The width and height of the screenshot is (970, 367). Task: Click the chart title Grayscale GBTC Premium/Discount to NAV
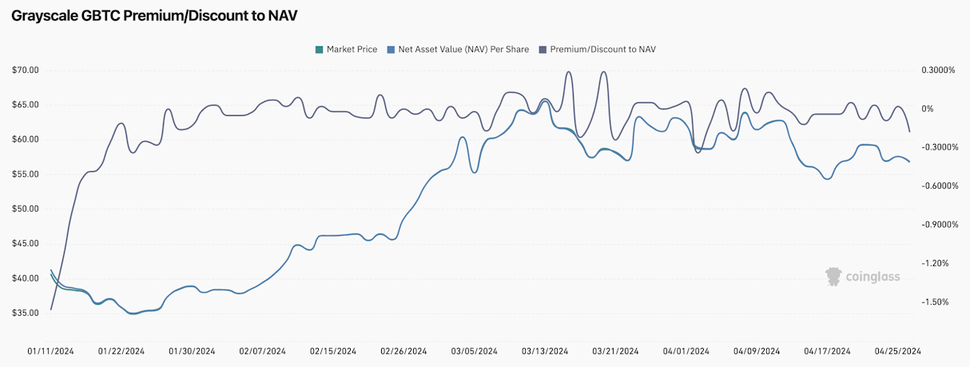(x=154, y=16)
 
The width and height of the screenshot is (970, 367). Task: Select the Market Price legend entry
(x=347, y=50)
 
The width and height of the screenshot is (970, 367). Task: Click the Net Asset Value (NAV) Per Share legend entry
(x=458, y=50)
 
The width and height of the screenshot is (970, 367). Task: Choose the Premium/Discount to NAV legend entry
(x=597, y=50)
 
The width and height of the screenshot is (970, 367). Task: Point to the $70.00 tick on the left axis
(x=25, y=70)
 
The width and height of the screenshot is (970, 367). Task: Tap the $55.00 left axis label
(x=25, y=174)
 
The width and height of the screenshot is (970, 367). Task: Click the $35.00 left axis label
(x=25, y=313)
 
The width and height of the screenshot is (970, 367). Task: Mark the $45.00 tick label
(x=25, y=244)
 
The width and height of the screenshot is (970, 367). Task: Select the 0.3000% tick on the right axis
(x=938, y=70)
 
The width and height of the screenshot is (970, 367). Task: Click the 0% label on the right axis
(x=927, y=109)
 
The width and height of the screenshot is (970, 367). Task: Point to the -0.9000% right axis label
(x=940, y=225)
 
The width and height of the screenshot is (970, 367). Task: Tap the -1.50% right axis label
(x=935, y=302)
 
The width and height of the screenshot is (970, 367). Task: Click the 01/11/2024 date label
(x=50, y=351)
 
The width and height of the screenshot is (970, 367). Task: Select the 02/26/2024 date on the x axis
(x=404, y=351)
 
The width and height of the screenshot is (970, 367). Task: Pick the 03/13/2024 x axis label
(x=545, y=351)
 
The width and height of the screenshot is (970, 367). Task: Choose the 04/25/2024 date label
(x=897, y=351)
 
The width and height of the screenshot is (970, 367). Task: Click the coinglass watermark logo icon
(x=833, y=277)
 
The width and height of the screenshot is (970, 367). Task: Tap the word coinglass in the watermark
(x=873, y=277)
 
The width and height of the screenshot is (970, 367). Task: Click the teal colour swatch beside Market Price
(x=319, y=50)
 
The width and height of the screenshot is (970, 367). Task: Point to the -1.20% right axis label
(x=935, y=263)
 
